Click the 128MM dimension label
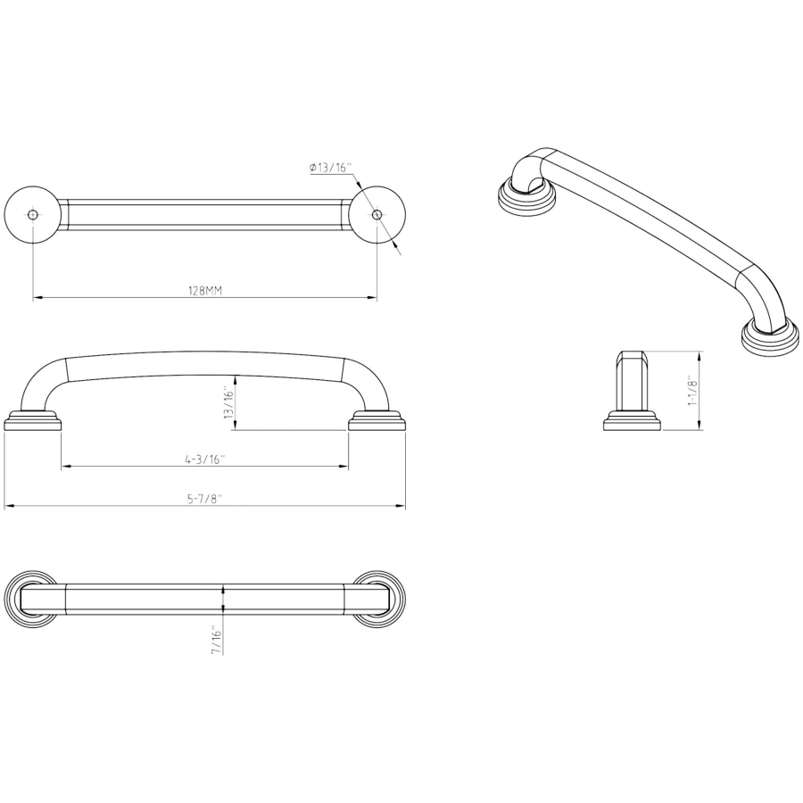coord(205,291)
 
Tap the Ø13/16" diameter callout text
coord(330,168)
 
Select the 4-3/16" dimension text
coord(205,459)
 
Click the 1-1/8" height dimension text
coord(693,390)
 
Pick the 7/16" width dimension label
coord(217,640)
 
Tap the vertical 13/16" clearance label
coord(229,403)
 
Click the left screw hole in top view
coord(33,214)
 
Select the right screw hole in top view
coord(377,214)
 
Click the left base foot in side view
coord(33,420)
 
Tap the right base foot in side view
coord(377,420)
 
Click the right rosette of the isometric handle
coord(771,338)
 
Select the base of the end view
coord(633,420)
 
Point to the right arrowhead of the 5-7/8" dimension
coord(401,506)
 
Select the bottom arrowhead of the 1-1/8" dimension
coord(700,426)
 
